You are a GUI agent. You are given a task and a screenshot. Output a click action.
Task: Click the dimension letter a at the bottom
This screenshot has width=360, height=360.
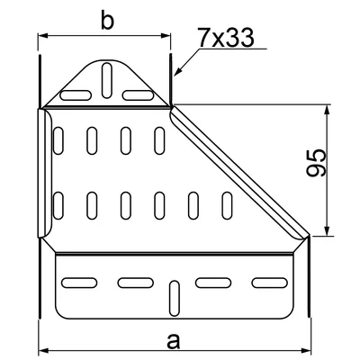173,339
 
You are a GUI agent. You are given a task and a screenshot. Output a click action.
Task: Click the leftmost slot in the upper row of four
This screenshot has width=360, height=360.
60,140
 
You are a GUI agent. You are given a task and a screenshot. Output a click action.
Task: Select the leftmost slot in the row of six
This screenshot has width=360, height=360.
60,206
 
